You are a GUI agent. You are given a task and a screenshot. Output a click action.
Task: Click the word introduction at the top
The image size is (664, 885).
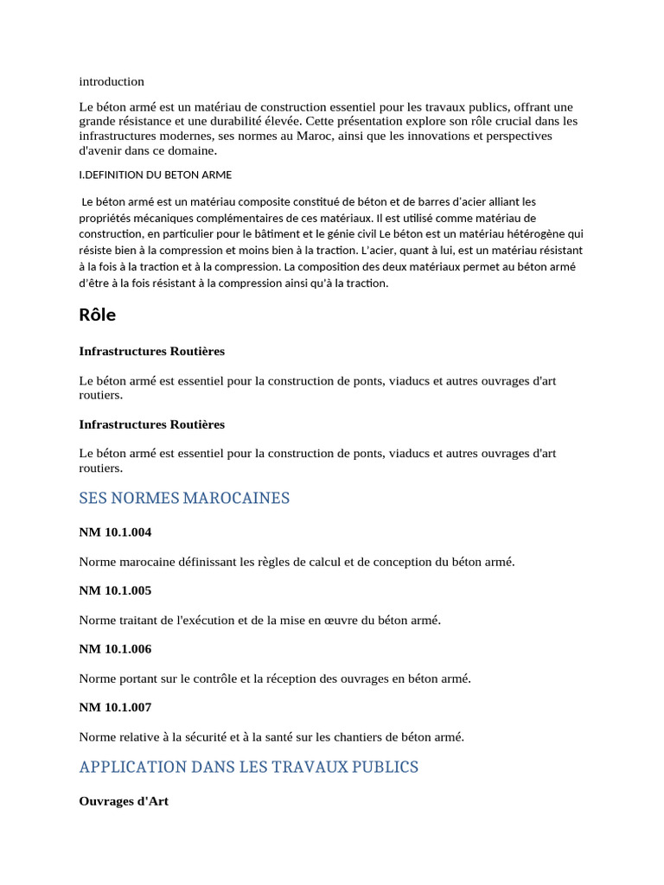(x=112, y=81)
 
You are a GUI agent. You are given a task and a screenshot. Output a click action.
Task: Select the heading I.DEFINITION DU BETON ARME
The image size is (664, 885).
(x=156, y=175)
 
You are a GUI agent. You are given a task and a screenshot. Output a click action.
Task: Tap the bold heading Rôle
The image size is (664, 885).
(x=97, y=315)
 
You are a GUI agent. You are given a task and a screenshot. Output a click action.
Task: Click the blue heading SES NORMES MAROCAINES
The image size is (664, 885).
(x=184, y=498)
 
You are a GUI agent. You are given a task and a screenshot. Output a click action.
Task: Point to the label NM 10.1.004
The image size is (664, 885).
(x=115, y=532)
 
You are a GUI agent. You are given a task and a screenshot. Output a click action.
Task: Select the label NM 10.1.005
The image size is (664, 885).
(x=115, y=591)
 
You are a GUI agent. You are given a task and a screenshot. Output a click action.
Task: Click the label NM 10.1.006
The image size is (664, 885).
(x=115, y=649)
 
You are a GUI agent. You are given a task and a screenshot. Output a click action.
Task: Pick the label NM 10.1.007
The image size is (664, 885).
(x=115, y=708)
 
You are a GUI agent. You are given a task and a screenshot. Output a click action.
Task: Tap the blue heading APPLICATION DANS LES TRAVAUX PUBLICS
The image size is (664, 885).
(x=249, y=767)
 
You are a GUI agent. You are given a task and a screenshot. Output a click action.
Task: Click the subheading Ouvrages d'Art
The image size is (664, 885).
(x=124, y=801)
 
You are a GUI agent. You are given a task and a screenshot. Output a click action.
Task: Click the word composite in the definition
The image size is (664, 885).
(x=265, y=201)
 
